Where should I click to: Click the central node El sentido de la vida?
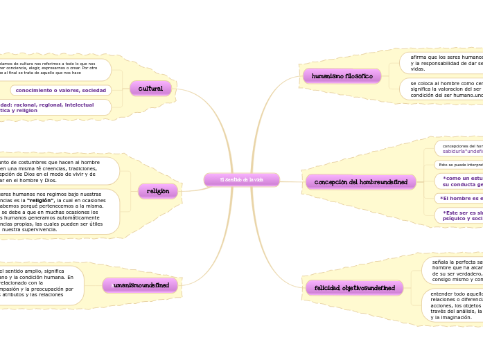242,180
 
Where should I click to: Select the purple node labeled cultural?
150,89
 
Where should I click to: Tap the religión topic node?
158,191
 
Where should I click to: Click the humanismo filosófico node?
342,76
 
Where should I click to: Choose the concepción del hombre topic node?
360,182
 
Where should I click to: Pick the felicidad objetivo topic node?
355,288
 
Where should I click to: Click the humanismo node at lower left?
141,285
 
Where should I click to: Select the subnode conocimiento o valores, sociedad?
61,90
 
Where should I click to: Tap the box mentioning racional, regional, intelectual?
55,107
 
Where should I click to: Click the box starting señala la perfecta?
455,271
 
